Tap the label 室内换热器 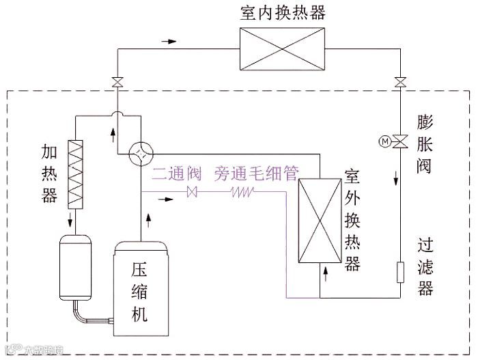click(283, 13)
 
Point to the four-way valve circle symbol click(140, 153)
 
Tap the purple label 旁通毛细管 click(256, 174)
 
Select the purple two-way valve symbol click(192, 193)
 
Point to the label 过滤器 click(426, 266)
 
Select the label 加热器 click(49, 174)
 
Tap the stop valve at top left click(117, 83)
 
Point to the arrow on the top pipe click(168, 42)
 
